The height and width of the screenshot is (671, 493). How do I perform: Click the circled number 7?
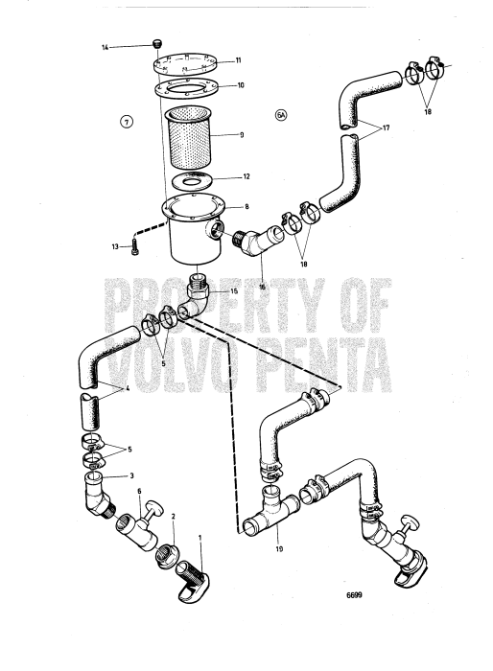click(124, 120)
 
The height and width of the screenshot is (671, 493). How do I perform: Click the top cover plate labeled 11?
click(186, 62)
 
